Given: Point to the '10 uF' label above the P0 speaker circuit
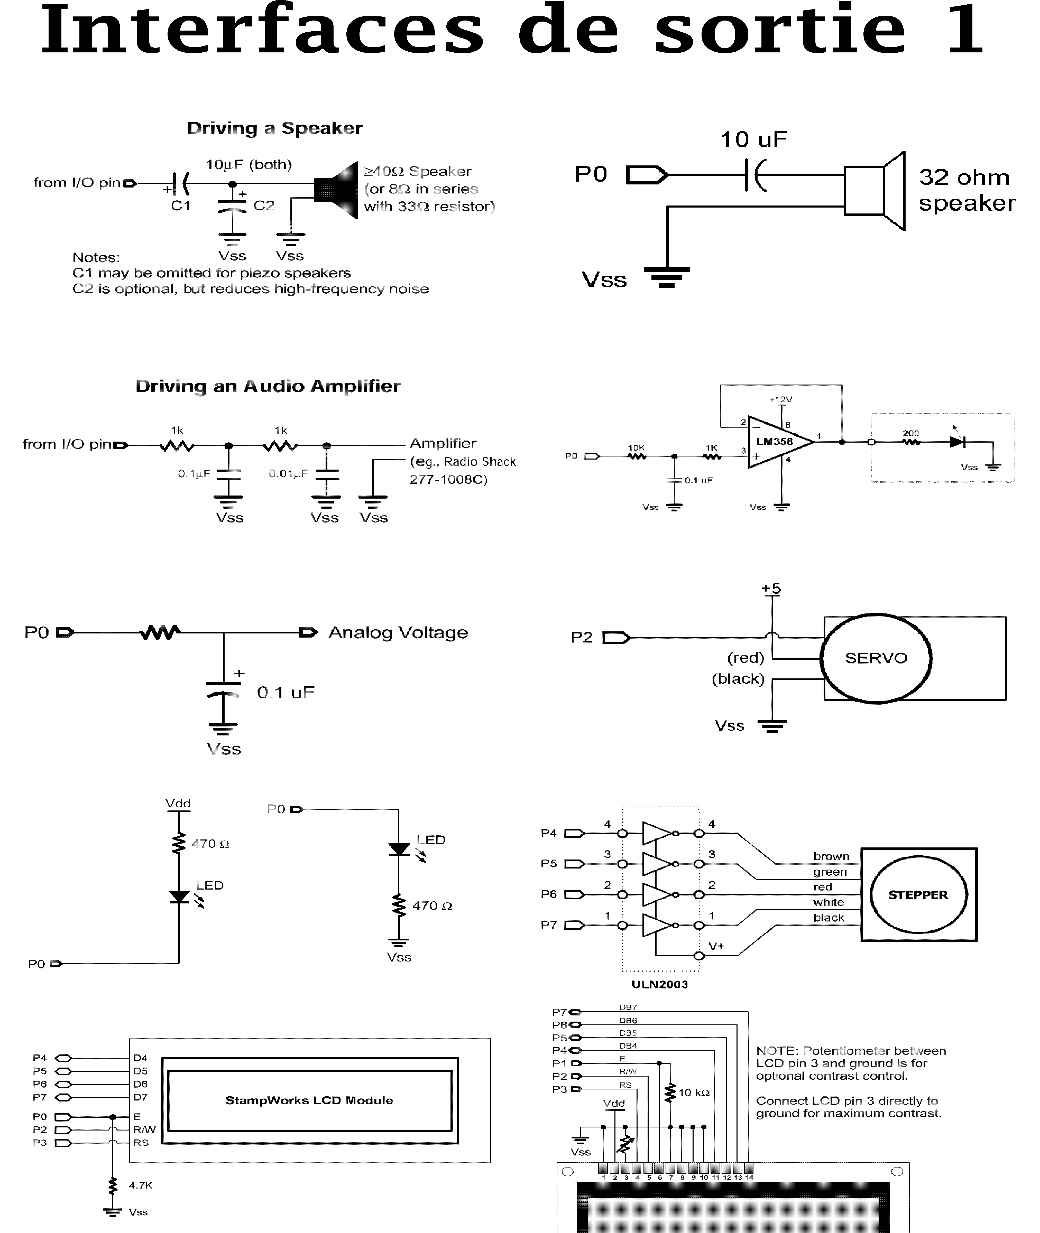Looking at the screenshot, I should tap(753, 140).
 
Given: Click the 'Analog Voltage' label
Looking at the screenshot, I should tap(398, 632).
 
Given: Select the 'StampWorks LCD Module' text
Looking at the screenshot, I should tap(309, 1100).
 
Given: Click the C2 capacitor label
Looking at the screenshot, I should tap(264, 206).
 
